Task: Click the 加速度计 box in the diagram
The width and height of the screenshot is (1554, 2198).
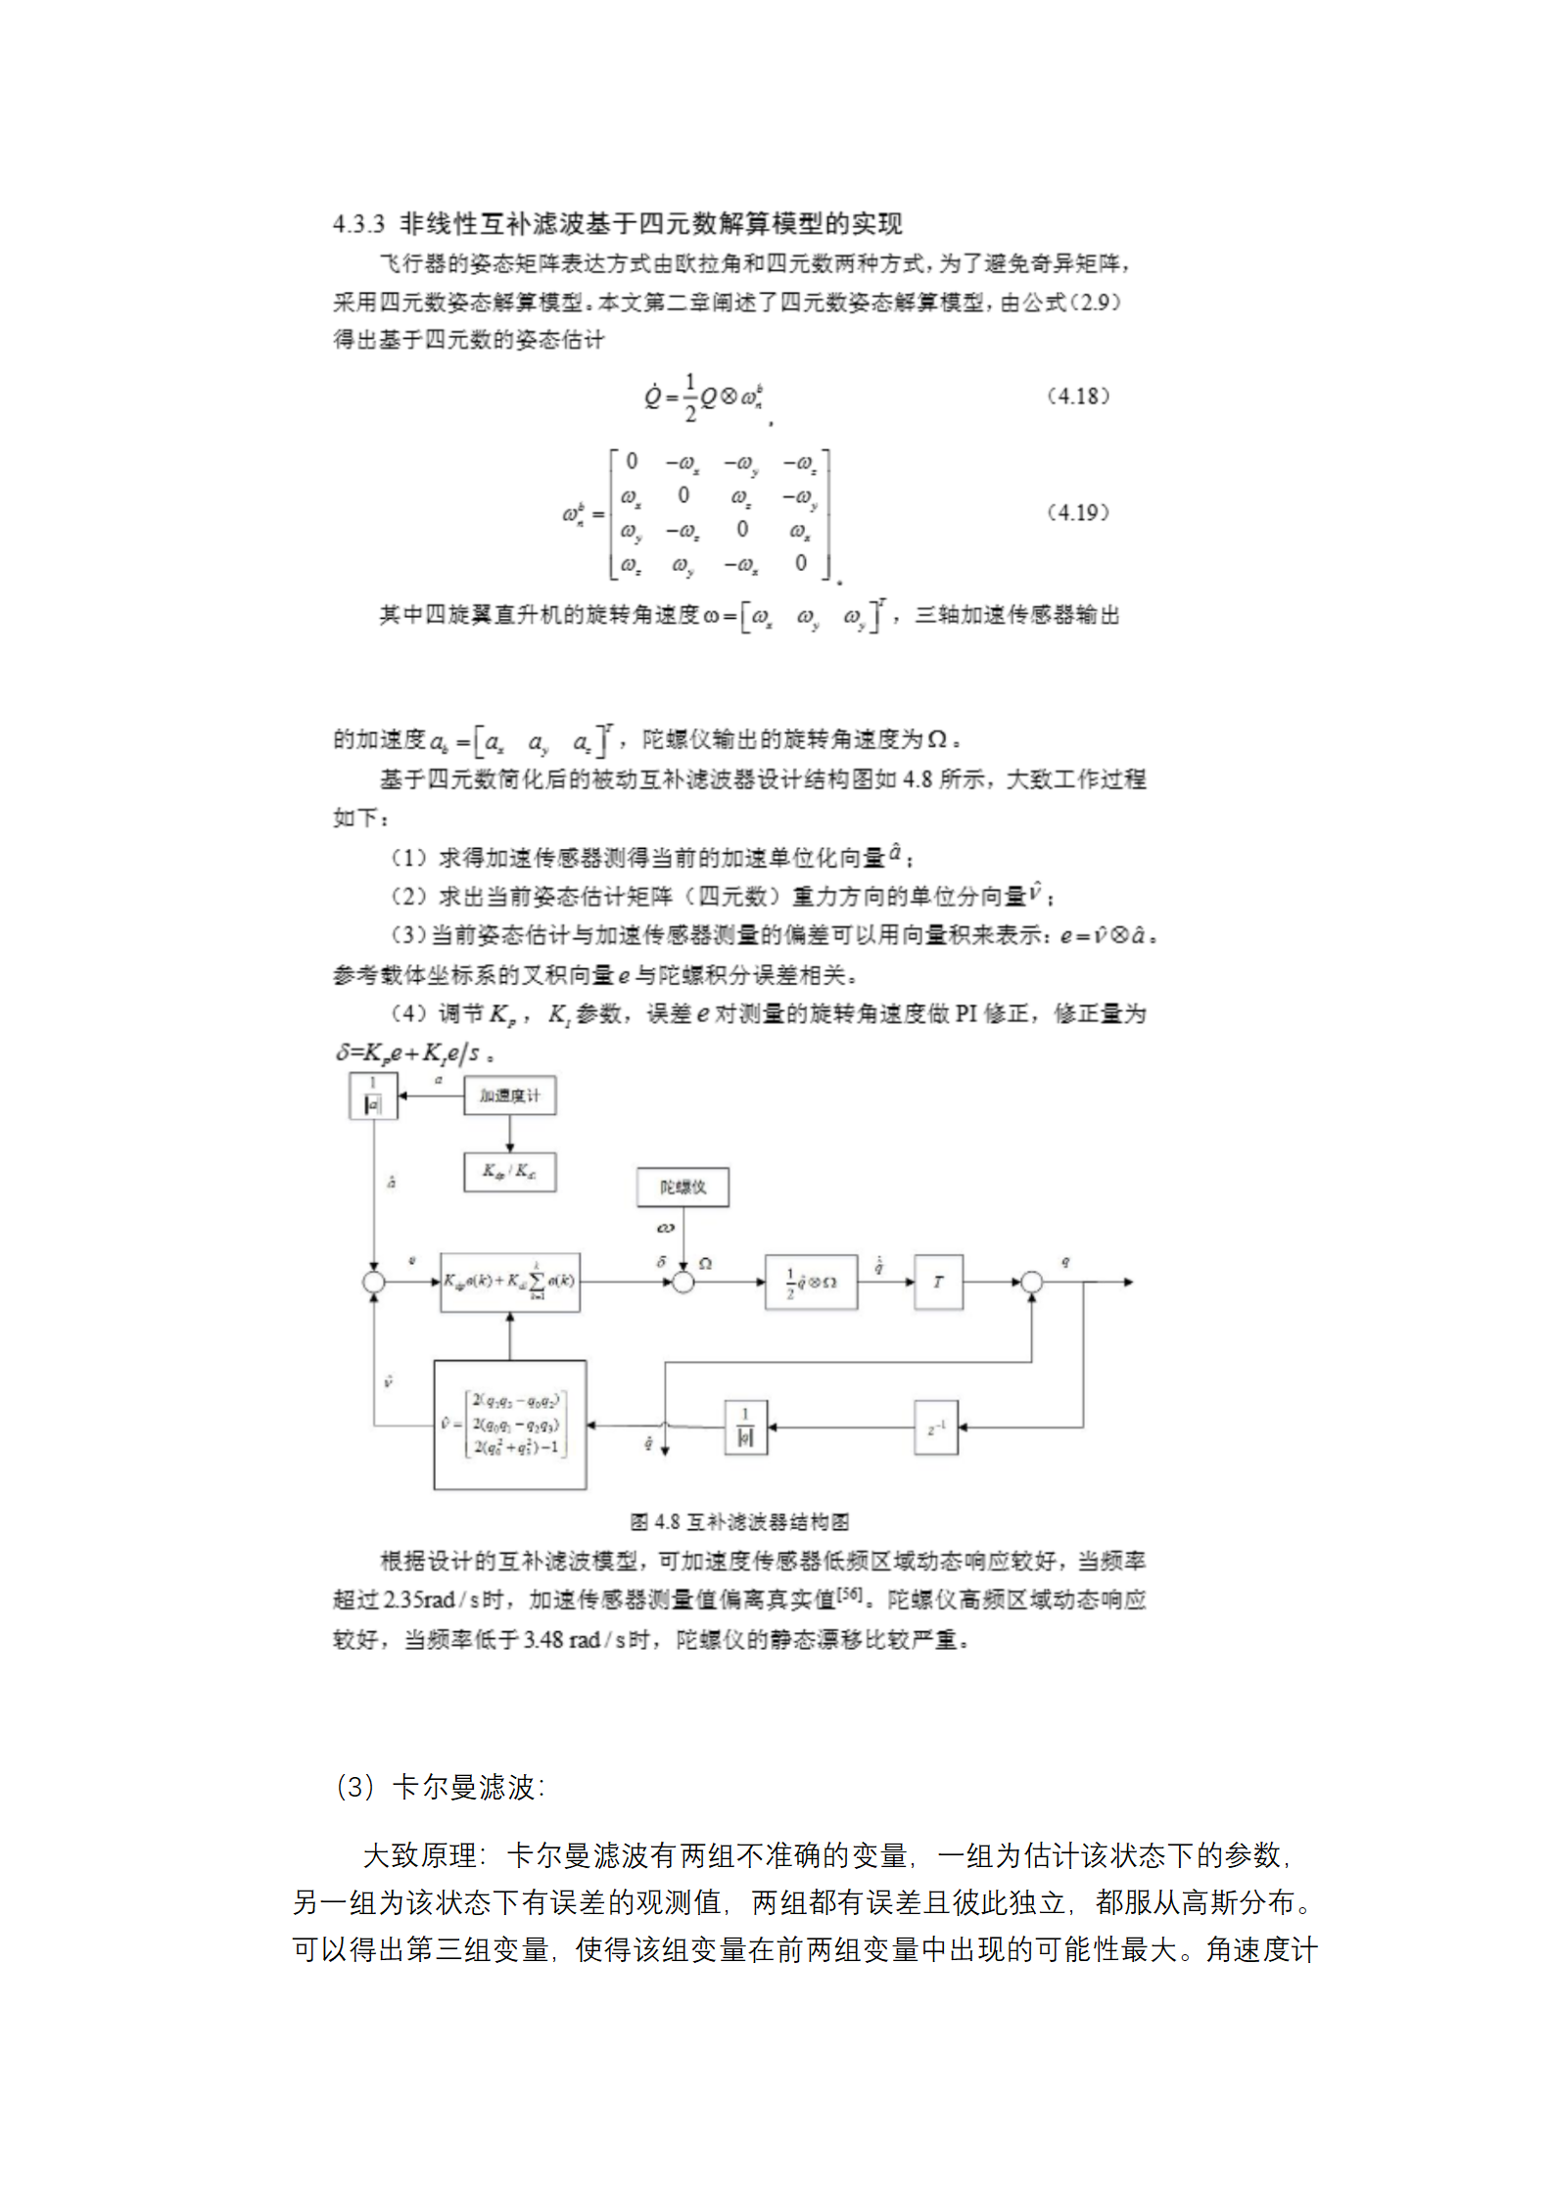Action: click(x=509, y=1096)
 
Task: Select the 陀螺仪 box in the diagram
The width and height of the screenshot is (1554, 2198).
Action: click(x=683, y=1187)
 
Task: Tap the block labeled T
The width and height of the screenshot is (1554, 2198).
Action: click(x=938, y=1282)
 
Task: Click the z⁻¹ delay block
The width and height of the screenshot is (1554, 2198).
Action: click(x=936, y=1427)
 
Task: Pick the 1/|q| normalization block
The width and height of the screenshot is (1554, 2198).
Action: click(x=745, y=1427)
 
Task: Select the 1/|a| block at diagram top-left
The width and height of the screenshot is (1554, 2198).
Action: click(x=373, y=1096)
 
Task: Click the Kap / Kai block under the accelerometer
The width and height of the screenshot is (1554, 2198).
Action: click(x=509, y=1171)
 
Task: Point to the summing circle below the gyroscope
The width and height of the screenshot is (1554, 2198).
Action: click(x=683, y=1282)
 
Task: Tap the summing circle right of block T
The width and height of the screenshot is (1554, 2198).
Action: click(x=1031, y=1282)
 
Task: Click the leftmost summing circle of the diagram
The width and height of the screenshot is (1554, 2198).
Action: click(x=373, y=1282)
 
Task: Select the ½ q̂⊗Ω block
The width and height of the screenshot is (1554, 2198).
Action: click(x=811, y=1282)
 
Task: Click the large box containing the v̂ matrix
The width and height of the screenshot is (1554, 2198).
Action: click(x=510, y=1426)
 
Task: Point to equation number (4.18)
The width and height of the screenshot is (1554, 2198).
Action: click(x=1078, y=396)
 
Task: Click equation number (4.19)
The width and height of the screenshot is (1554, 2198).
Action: click(x=1078, y=512)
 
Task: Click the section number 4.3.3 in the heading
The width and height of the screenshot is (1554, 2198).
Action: click(x=358, y=224)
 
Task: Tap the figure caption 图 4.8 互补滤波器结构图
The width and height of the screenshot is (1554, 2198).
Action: click(x=739, y=1521)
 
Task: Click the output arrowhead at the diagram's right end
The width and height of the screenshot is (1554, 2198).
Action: click(x=1128, y=1282)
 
